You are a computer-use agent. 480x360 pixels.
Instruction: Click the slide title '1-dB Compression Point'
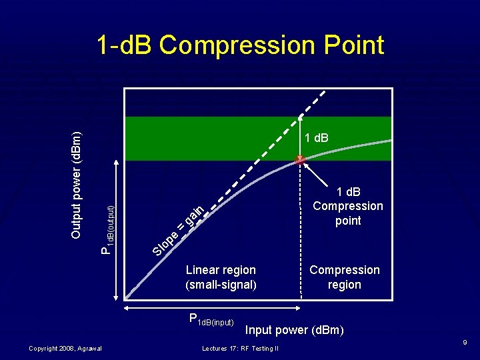pos(240,45)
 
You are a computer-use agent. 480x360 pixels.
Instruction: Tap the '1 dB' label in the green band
pos(316,138)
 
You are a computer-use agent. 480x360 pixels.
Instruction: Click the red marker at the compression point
pos(300,159)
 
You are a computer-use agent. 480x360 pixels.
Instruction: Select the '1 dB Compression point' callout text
pos(347,206)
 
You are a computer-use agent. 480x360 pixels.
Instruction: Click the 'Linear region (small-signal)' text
pos(221,277)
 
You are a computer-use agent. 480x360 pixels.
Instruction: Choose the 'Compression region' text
pos(344,277)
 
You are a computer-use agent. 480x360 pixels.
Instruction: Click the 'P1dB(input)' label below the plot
pos(211,321)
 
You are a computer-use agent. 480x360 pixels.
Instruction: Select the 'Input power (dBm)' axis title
pos(294,330)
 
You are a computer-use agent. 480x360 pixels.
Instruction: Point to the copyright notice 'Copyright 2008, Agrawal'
pos(65,348)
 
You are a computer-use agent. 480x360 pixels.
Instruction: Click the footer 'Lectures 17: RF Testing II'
pos(239,348)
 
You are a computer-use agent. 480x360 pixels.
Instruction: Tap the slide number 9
pos(465,343)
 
